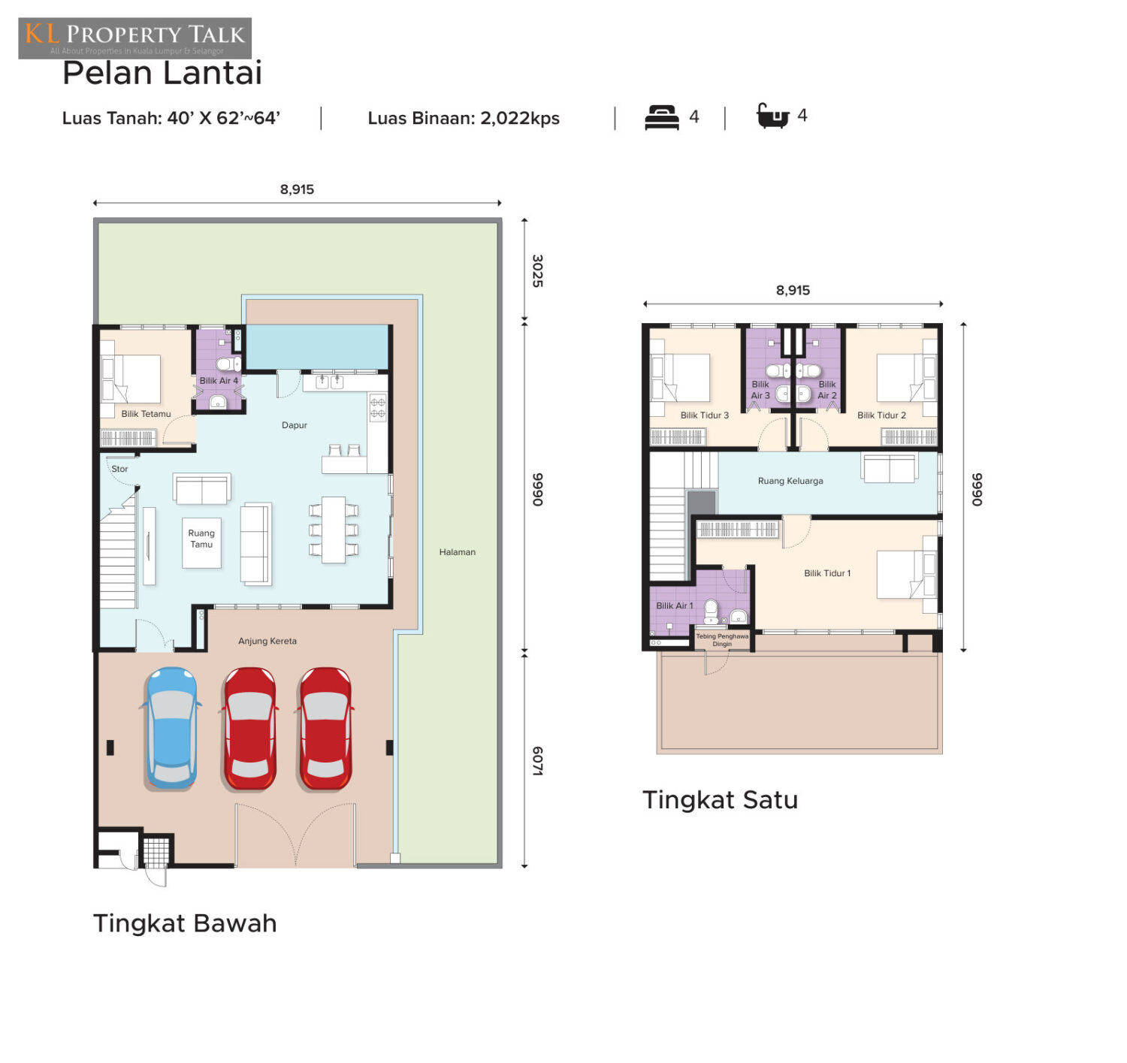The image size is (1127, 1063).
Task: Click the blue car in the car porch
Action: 171,728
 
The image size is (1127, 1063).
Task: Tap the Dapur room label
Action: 294,425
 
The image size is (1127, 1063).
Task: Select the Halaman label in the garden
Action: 457,551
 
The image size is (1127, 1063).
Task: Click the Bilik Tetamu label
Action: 146,414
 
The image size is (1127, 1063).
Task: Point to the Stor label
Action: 119,469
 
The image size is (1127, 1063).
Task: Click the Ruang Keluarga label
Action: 790,481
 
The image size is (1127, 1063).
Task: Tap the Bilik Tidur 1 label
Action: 826,573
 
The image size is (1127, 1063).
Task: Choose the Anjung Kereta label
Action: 267,641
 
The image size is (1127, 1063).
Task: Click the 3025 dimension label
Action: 537,270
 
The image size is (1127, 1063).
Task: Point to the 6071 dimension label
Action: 537,760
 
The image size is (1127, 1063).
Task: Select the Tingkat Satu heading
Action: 720,800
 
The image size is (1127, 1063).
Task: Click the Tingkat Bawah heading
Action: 185,923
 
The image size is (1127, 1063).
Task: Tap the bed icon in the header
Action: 662,117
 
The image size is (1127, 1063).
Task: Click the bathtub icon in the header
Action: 772,116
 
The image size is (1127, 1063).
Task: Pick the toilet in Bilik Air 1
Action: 711,612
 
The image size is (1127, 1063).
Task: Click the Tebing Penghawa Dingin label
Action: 722,640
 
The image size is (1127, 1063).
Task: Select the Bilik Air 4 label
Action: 219,381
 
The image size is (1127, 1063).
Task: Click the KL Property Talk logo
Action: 135,38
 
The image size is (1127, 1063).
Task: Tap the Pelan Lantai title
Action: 162,73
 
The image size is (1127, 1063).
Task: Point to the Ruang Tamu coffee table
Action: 201,542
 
